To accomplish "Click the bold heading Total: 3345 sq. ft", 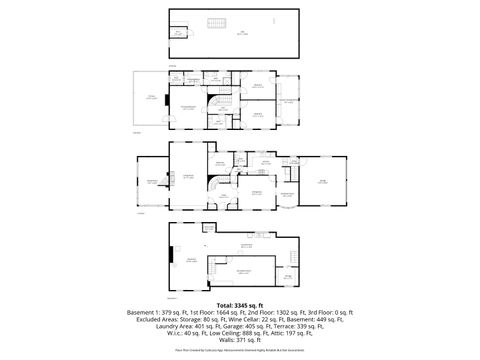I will pos(239,304).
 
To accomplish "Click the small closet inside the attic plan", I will pos(178,33).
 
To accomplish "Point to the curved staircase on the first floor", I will pos(215,186).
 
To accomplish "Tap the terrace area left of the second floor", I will pos(151,98).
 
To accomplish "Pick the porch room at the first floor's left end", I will pos(151,181).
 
